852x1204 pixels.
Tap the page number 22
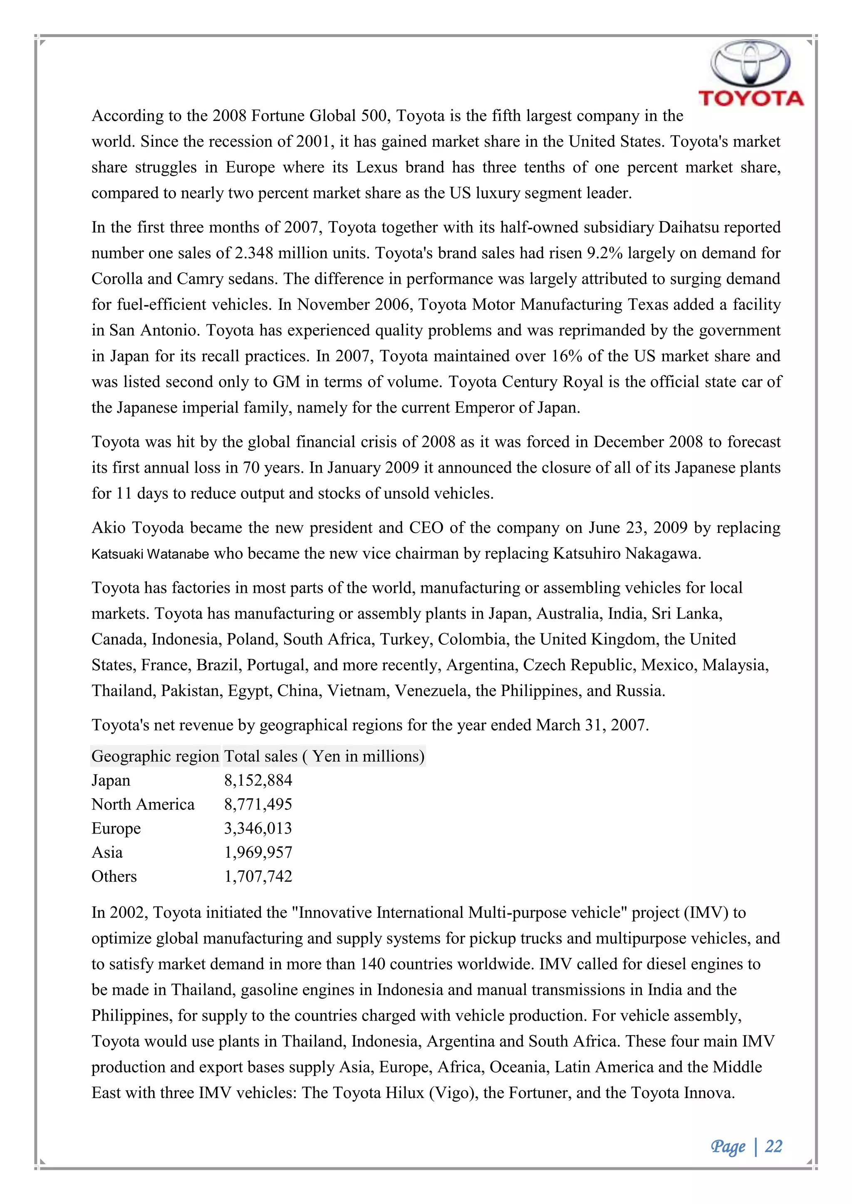tap(773, 1146)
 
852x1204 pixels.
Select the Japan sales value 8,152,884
tap(258, 780)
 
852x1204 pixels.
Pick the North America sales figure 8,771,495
tap(258, 804)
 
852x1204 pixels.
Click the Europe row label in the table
tap(116, 829)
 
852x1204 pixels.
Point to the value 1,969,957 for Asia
tap(258, 853)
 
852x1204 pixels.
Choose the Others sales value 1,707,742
tap(258, 877)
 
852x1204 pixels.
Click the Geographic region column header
tap(155, 756)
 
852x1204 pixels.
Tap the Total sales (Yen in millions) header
tap(324, 756)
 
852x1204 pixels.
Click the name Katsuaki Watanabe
tap(150, 554)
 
